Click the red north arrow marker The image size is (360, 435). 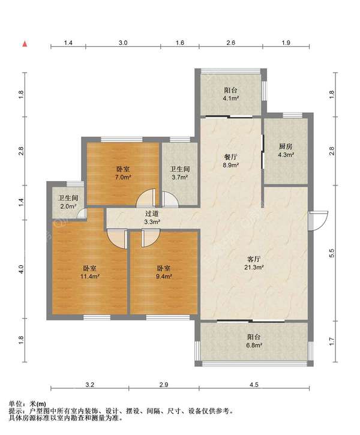(25, 44)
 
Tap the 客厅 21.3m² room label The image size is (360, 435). (254, 263)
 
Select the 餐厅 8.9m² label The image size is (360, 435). (231, 161)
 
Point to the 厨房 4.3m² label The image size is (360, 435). (286, 151)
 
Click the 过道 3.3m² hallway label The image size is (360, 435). (152, 218)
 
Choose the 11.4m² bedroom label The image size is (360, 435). (90, 272)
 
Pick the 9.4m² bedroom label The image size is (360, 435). (164, 272)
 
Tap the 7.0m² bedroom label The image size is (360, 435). (123, 173)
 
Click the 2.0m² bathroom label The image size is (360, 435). (68, 202)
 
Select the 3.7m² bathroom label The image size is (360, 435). (180, 173)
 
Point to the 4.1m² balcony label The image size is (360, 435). (231, 94)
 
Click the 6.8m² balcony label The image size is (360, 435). (254, 341)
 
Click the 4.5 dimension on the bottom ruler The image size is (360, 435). (254, 385)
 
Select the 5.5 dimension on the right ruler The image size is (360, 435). (332, 253)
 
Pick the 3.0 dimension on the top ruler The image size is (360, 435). (123, 43)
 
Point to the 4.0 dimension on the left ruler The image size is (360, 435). (21, 269)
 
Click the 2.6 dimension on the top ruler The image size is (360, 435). (231, 43)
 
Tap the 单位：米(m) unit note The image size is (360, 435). (28, 404)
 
